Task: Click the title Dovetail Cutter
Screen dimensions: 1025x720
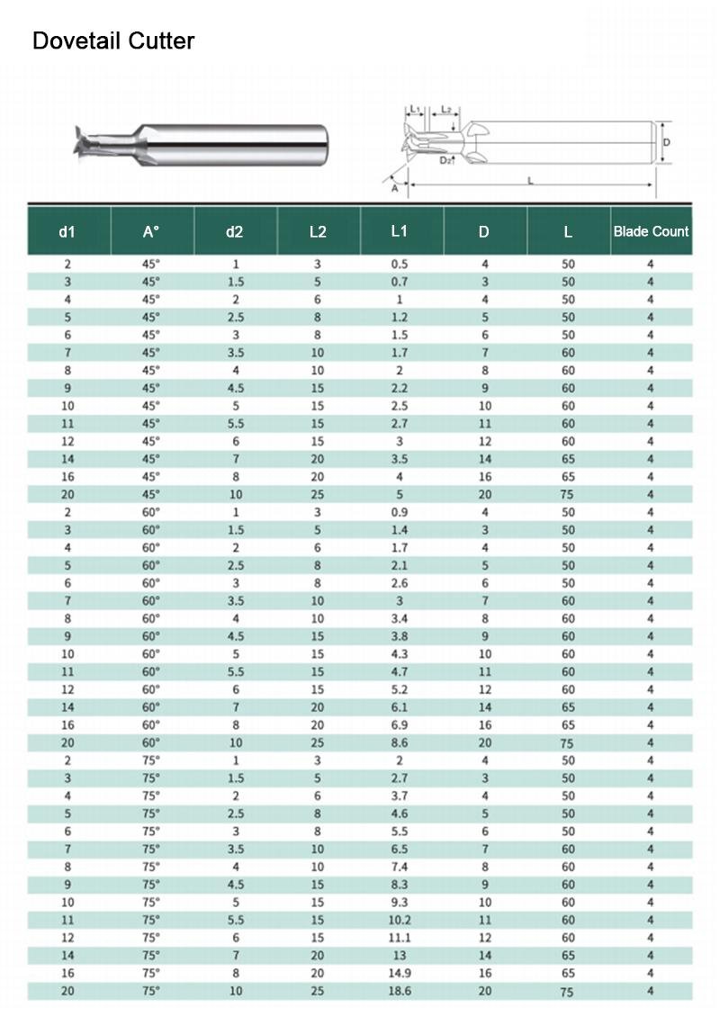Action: (113, 40)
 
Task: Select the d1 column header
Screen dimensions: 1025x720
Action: (67, 231)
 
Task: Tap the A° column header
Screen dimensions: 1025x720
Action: (151, 231)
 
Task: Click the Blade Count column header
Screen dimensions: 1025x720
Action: (651, 231)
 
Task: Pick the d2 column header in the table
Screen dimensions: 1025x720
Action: (234, 231)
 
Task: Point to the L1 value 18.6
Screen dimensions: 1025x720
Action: (400, 991)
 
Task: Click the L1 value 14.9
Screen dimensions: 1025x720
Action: (400, 973)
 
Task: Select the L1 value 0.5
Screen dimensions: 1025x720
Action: (400, 265)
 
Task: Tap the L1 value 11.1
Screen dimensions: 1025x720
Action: (400, 938)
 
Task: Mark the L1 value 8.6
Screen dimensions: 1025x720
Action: (400, 743)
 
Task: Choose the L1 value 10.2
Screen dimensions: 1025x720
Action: (400, 920)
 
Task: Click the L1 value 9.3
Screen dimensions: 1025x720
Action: (400, 902)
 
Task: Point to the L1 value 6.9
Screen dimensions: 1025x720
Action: (400, 725)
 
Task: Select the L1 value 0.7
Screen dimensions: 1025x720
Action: (400, 283)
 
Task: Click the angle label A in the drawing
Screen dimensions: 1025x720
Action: (394, 187)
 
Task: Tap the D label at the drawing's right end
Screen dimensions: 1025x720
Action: (667, 142)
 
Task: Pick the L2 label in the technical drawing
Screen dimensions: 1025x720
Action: (445, 110)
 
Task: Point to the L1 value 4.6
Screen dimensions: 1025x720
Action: (400, 814)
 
